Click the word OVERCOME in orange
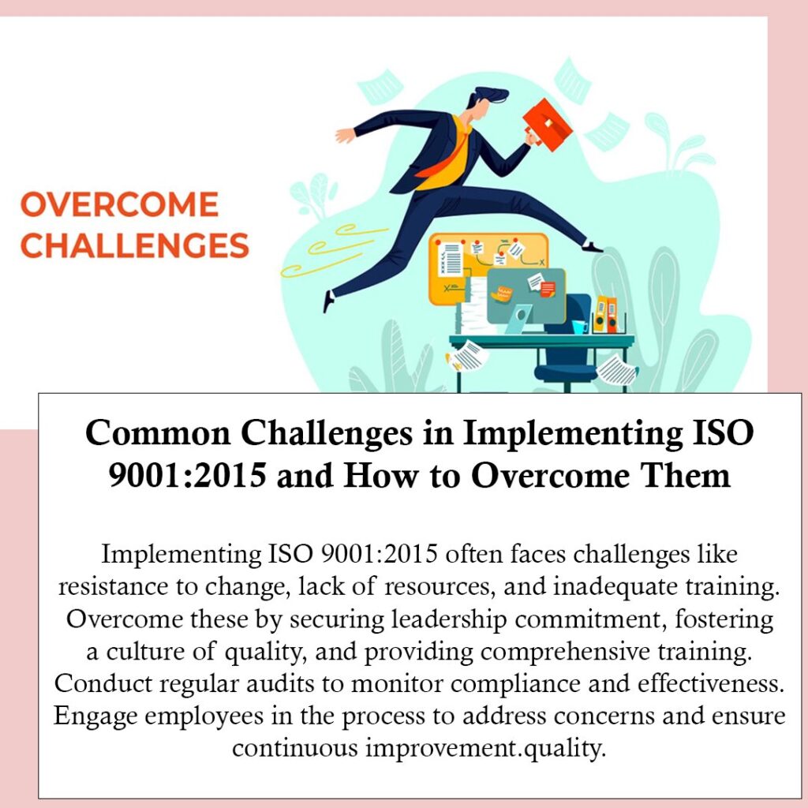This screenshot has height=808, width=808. point(120,204)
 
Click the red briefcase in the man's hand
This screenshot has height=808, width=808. point(547,124)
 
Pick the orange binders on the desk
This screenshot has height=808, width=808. point(605,314)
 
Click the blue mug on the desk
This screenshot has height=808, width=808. point(579,327)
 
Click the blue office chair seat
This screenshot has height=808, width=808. point(565,372)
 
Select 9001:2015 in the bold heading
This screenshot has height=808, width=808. point(187,474)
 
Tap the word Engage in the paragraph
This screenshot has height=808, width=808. point(95,716)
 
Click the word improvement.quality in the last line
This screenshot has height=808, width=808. point(484,748)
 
